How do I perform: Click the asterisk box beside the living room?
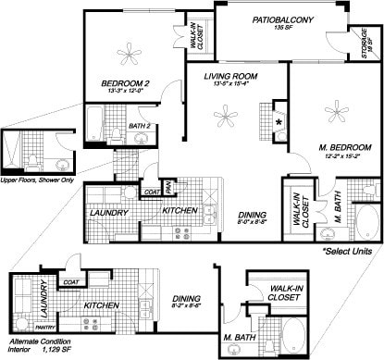[278, 122]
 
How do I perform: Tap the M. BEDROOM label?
[344, 149]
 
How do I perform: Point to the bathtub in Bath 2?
[95, 120]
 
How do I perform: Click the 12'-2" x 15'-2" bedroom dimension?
[344, 158]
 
